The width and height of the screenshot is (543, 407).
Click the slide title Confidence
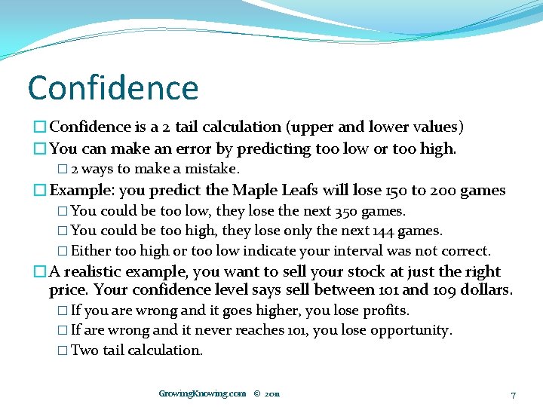click(x=113, y=88)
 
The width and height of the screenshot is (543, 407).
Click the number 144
click(x=382, y=231)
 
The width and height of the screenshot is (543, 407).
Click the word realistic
click(x=103, y=271)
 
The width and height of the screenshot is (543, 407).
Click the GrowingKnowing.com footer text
click(x=202, y=393)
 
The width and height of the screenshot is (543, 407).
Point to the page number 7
click(x=513, y=395)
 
